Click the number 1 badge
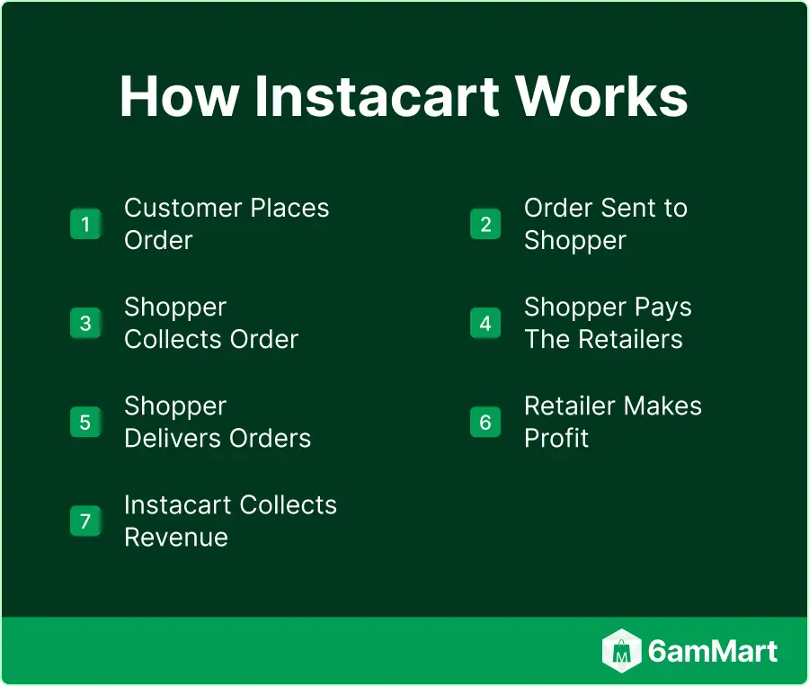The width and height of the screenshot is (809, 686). (85, 224)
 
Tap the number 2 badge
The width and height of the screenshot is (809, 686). (485, 224)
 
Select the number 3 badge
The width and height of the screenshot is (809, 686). (85, 323)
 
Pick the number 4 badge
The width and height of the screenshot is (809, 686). (485, 323)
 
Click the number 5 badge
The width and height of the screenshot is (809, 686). (85, 422)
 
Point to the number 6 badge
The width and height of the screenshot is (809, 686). (485, 422)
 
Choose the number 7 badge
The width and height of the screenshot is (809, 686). (85, 521)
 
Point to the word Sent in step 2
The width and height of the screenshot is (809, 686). (629, 208)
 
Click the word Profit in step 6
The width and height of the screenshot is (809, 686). (556, 438)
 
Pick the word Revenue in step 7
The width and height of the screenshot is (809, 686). (176, 537)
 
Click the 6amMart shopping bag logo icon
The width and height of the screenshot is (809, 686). (621, 651)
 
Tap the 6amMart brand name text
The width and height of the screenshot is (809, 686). (713, 651)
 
